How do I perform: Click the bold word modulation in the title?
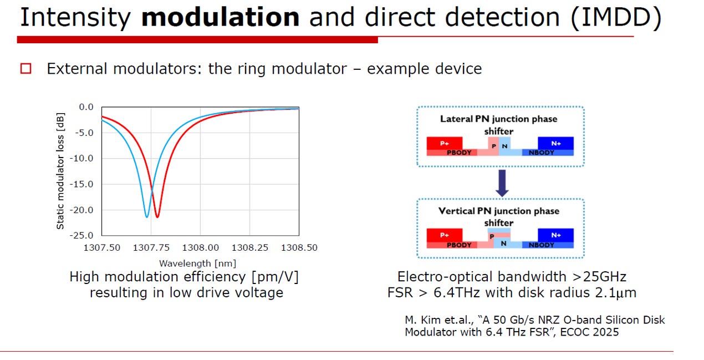220,17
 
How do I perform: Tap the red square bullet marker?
25,69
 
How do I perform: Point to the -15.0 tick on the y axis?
81,184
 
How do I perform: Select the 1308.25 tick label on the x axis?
250,248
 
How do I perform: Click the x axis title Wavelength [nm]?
197,263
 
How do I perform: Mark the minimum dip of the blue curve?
147,217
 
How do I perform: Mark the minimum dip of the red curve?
157,217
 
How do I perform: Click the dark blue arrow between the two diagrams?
502,183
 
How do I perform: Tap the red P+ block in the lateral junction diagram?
445,143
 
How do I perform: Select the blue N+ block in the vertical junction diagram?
555,235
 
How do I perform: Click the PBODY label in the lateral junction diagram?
459,153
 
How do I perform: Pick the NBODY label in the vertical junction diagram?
541,245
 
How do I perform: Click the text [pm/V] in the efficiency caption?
275,277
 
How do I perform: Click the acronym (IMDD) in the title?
616,18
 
